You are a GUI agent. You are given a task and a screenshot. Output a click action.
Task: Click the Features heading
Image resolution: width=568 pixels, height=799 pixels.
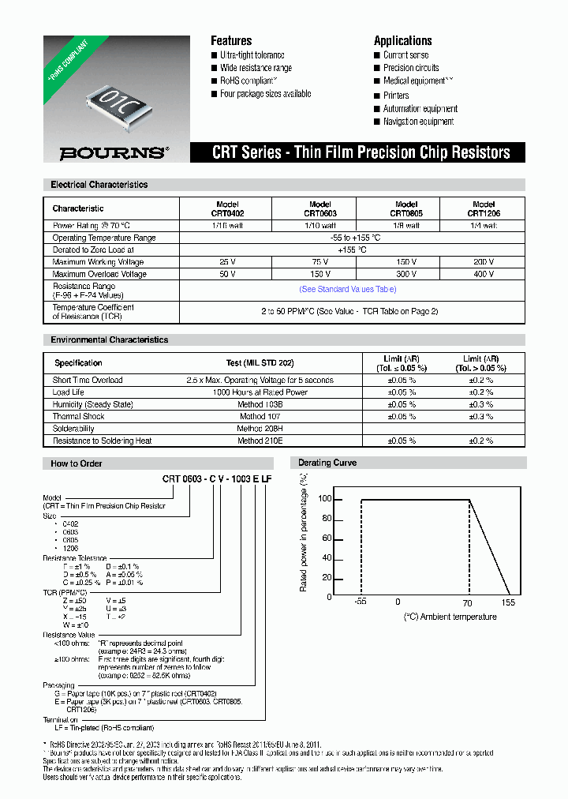coord(231,40)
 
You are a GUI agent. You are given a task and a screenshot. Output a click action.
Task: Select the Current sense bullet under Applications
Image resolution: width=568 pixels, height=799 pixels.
coord(405,55)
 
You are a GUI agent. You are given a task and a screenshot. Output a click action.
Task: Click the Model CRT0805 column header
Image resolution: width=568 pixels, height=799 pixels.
coord(406,208)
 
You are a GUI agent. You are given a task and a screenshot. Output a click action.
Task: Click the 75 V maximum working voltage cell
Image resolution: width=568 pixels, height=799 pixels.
coord(314,262)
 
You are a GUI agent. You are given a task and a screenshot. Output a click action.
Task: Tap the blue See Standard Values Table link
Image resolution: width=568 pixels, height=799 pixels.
coord(348,290)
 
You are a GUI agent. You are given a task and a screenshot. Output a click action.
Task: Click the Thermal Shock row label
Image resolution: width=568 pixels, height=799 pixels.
coord(78,416)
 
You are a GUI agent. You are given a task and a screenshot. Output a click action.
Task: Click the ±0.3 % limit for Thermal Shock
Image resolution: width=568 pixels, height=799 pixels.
coord(480,416)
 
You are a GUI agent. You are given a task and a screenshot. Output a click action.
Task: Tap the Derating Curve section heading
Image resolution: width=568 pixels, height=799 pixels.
coord(327,463)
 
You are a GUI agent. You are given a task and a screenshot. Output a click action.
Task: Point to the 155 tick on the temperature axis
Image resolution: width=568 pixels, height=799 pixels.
coord(507,602)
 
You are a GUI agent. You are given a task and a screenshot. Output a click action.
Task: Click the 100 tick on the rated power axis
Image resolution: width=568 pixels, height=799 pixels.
coord(325,499)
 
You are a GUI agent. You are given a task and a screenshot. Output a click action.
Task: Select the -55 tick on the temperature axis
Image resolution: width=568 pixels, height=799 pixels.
coord(360,602)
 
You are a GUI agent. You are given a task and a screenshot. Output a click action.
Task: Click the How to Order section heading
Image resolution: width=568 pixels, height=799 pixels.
coord(77,463)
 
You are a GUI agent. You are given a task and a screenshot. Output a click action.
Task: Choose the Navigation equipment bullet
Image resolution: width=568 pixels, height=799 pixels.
coord(418,122)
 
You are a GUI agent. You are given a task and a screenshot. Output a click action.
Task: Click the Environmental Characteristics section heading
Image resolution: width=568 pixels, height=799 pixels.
coord(110,339)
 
